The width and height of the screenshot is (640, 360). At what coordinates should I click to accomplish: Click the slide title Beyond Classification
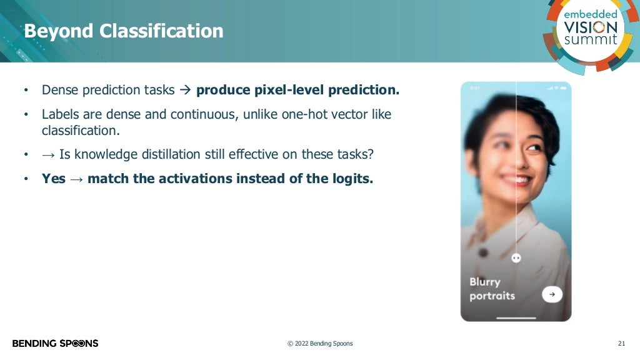(123, 31)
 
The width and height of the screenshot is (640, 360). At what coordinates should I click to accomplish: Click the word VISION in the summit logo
(590, 27)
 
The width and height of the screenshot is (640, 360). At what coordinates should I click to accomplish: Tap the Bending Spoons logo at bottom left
(55, 343)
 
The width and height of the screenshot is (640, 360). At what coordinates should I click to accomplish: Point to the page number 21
(621, 343)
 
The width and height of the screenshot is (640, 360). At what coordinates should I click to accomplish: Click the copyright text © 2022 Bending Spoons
(319, 343)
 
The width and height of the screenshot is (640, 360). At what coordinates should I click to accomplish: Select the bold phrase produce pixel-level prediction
(297, 90)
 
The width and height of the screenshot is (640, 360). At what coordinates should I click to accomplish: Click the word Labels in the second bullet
(60, 115)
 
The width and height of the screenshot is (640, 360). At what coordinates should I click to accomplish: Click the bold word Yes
(54, 179)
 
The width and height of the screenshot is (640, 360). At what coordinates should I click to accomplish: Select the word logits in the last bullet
(352, 179)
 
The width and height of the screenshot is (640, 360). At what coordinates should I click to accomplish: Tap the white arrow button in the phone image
(552, 294)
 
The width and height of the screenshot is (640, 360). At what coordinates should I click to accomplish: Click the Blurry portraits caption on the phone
(492, 289)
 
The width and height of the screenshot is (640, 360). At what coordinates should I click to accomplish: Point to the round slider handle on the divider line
(516, 257)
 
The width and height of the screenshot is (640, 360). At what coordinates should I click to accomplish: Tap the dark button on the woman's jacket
(482, 253)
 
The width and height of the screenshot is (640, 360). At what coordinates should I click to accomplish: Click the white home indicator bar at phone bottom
(516, 317)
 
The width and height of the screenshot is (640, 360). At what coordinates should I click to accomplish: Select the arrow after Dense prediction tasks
(184, 90)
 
